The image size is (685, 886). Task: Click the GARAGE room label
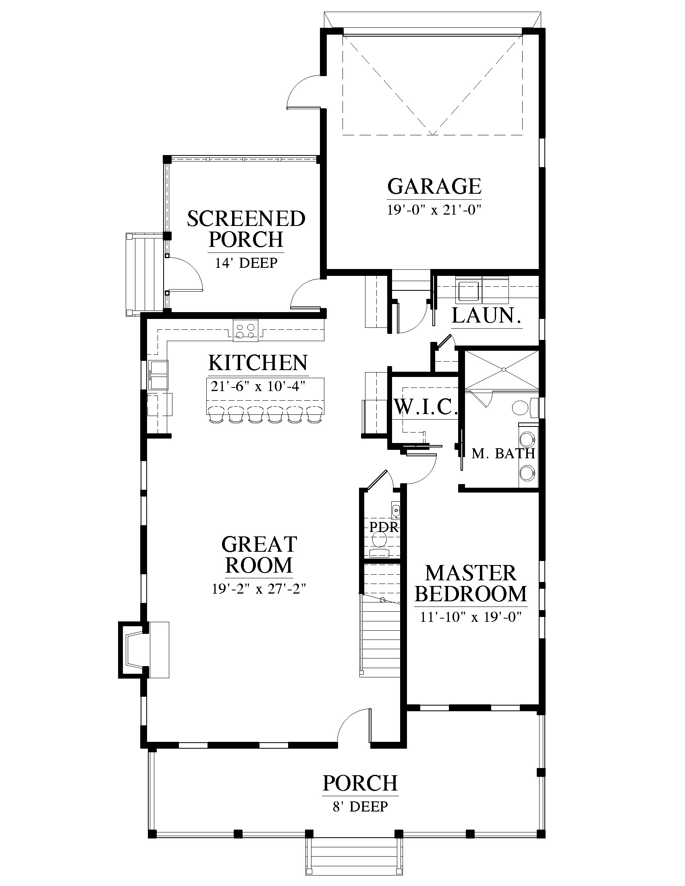coord(434,186)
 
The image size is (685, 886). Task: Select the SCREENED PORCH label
coord(246,229)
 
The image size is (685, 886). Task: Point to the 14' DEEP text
coord(246,263)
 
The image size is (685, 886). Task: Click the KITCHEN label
coord(258,363)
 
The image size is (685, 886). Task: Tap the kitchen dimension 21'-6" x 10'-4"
coord(258,386)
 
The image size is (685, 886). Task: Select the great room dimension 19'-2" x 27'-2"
coord(259,588)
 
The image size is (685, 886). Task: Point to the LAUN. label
coord(487,316)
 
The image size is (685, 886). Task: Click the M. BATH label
coord(503,453)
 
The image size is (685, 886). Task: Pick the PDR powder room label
coord(384,527)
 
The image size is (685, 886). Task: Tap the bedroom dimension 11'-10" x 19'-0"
coord(471,617)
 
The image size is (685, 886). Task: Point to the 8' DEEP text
coord(360,807)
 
